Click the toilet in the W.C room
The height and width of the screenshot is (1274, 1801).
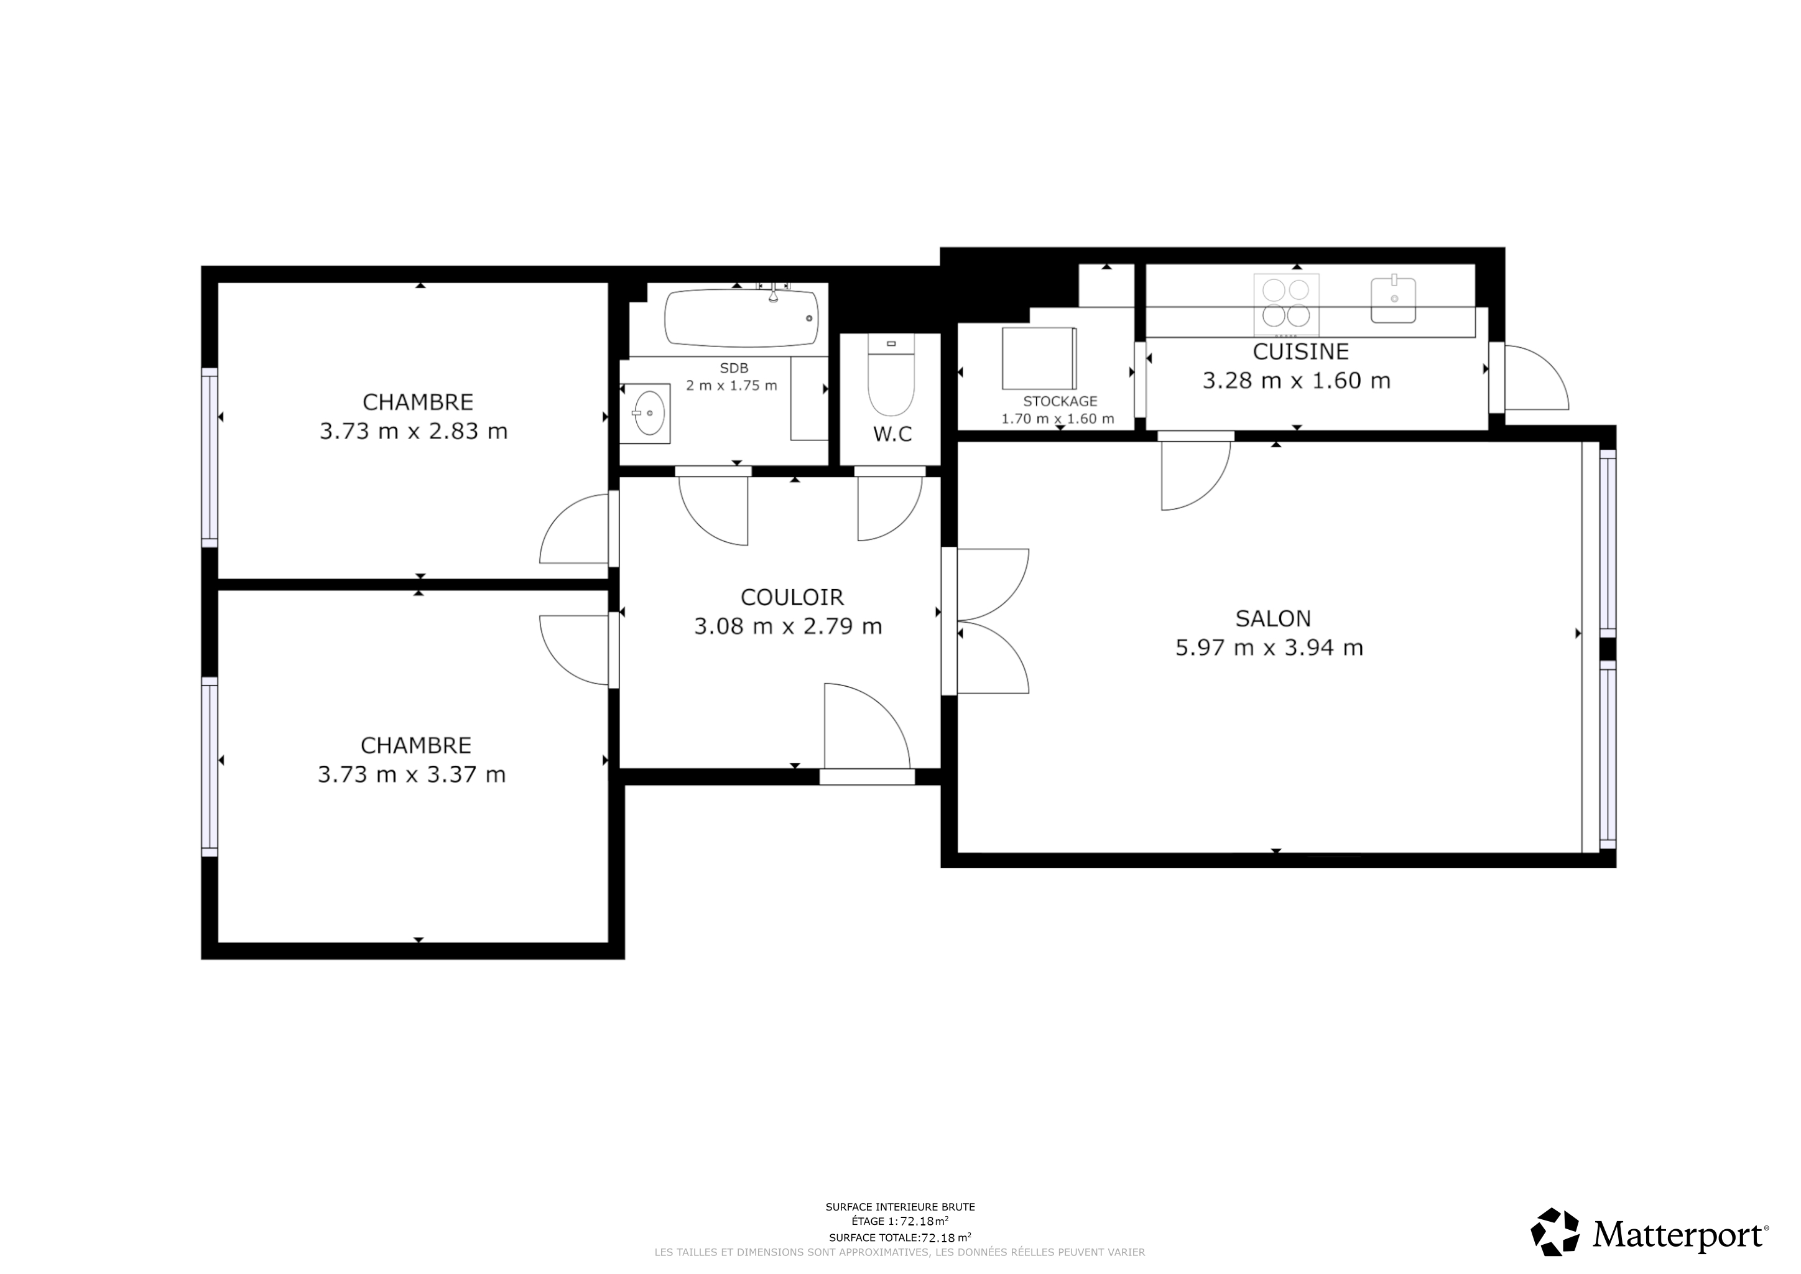[x=891, y=376]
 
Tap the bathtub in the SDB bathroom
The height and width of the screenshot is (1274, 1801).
[x=742, y=318]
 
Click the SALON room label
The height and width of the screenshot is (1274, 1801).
[x=1273, y=619]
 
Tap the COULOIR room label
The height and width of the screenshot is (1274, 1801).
[x=792, y=598]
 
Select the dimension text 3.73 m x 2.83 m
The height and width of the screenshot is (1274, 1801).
[x=414, y=432]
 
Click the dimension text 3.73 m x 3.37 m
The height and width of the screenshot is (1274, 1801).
[x=412, y=775]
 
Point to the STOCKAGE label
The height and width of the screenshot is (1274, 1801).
[x=1060, y=402]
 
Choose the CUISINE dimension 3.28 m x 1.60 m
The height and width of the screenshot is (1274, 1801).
[x=1297, y=381]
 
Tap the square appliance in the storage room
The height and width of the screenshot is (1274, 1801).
[x=1039, y=358]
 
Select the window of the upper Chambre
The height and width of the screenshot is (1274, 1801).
[x=210, y=457]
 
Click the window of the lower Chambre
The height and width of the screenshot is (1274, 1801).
[x=210, y=767]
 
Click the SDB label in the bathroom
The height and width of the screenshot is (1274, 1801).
[x=734, y=368]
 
